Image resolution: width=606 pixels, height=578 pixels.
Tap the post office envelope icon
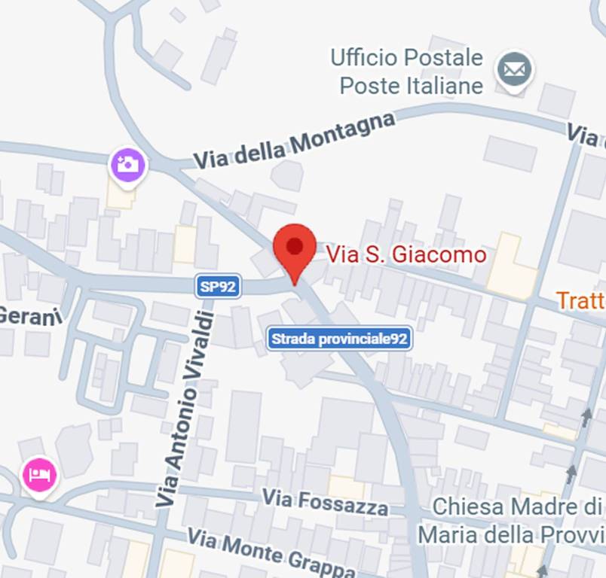(x=514, y=71)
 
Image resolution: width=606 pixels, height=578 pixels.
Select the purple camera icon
(x=128, y=163)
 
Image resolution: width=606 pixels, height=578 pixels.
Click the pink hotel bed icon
(x=40, y=475)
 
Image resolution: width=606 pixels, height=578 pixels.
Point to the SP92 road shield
(x=218, y=286)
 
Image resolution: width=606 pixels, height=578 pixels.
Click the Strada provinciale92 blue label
(x=339, y=339)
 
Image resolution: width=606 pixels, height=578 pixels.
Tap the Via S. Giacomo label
(x=406, y=255)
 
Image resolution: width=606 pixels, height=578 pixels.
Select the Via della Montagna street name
(x=294, y=141)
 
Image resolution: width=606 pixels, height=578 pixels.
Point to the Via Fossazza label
(x=326, y=501)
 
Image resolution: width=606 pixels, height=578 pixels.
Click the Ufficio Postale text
(x=406, y=57)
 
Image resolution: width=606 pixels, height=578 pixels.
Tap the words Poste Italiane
(x=411, y=85)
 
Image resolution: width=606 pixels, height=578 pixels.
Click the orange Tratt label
(x=581, y=301)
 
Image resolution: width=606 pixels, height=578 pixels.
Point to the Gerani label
(x=20, y=316)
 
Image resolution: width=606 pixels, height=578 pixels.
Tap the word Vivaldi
(x=197, y=346)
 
